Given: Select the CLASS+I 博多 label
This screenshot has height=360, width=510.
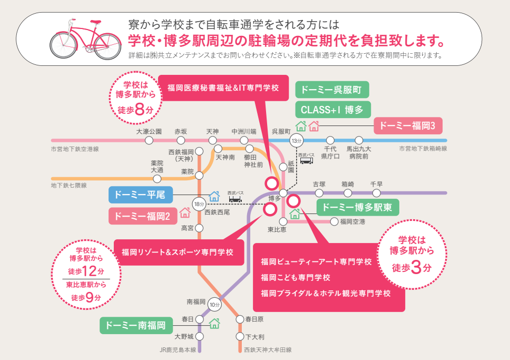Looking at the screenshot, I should click(332, 109).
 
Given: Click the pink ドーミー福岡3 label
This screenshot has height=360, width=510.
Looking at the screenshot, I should click(408, 126).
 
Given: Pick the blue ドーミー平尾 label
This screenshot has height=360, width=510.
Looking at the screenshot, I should click(140, 195).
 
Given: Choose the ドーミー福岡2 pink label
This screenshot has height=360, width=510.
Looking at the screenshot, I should click(142, 216).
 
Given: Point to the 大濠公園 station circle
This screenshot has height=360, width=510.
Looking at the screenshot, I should click(149, 140).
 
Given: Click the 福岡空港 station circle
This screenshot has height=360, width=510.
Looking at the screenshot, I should click(334, 221).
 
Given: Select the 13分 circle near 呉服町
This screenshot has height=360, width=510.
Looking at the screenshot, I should click(297, 140).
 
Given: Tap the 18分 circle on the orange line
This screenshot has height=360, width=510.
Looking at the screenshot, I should click(199, 204).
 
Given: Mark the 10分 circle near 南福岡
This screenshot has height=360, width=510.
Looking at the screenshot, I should click(214, 304).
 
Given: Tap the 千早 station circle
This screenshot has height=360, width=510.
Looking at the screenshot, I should click(376, 193).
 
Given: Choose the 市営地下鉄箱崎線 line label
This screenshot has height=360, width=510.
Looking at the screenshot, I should click(424, 149).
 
